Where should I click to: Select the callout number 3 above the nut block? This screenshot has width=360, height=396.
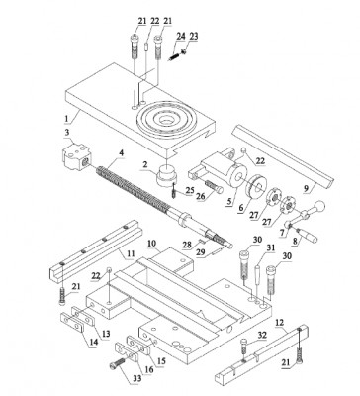67,132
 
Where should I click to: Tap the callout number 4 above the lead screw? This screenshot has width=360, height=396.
121,153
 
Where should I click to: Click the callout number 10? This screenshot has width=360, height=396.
151,243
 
